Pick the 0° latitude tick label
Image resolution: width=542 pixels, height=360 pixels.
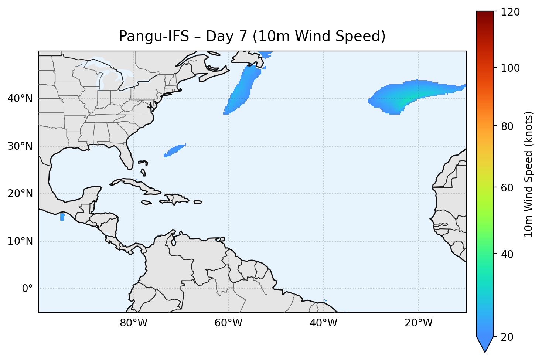tap(27, 289)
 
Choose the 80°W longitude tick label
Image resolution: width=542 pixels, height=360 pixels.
tap(133, 323)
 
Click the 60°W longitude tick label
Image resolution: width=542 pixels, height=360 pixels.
tap(228, 323)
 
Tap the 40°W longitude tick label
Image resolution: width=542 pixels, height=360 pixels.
tap(323, 323)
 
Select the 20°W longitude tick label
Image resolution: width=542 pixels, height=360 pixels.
tap(419, 323)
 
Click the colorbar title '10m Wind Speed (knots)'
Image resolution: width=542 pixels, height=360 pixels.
tap(529, 174)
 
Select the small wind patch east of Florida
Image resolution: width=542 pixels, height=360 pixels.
tap(174, 150)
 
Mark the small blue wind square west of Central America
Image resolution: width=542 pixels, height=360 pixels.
tap(62, 217)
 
